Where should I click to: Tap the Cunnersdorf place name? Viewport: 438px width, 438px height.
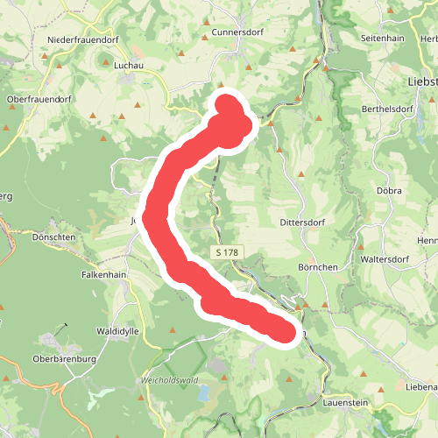tap(237, 32)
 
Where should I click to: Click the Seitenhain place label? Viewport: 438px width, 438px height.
tap(383, 39)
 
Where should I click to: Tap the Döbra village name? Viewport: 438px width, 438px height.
tap(389, 190)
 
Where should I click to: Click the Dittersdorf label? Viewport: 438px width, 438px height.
tap(303, 223)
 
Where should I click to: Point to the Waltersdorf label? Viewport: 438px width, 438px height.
tap(390, 259)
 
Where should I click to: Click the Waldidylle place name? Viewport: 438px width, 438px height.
tap(119, 331)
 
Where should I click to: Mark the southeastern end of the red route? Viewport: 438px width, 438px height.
tap(282, 331)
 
